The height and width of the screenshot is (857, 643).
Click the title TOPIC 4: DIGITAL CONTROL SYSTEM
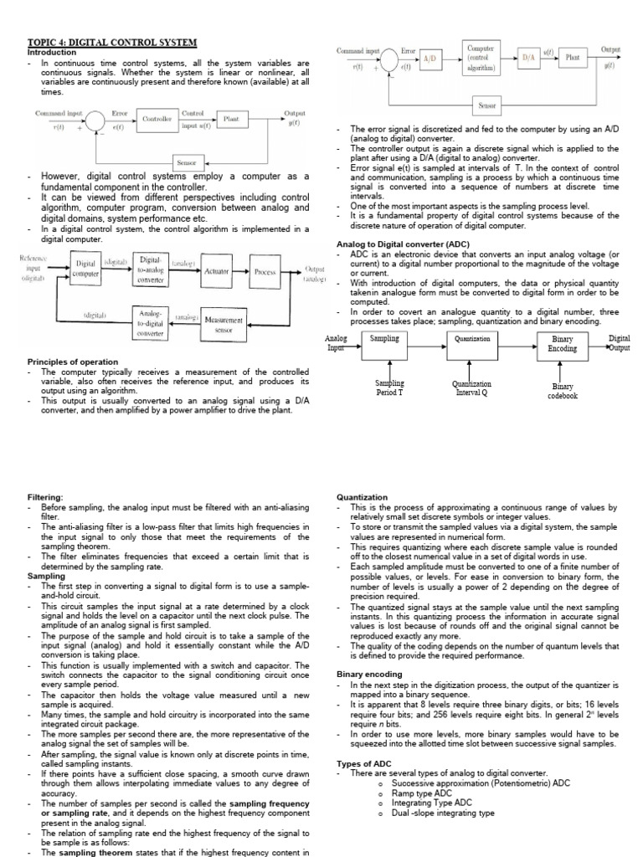112,43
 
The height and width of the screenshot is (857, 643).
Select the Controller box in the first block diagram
157,120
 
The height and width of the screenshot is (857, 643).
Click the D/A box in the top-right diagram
528,58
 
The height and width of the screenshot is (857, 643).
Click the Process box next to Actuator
265,273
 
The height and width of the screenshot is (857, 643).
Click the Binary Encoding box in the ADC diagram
562,343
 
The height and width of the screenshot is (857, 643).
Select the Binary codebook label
563,392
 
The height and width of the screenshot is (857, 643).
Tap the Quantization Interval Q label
472,388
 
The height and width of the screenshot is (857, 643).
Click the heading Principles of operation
73,362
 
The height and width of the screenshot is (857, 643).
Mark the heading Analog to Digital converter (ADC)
399,244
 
